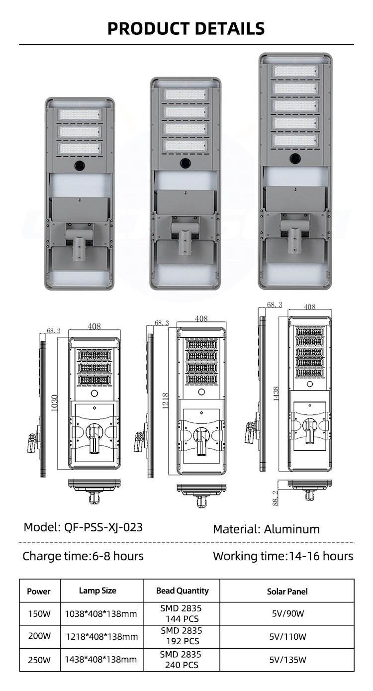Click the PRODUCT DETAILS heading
(x=186, y=28)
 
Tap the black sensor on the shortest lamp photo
(x=80, y=165)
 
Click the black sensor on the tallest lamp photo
(x=295, y=159)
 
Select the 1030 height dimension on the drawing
(x=54, y=402)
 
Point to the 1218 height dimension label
(x=165, y=400)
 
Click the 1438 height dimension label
(x=276, y=394)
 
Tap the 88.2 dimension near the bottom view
(x=276, y=498)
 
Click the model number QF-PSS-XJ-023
(x=103, y=527)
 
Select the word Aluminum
(x=291, y=529)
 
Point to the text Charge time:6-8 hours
(x=83, y=556)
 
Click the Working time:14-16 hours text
(x=283, y=556)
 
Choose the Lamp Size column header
(x=97, y=591)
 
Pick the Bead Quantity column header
(x=182, y=591)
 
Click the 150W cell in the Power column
(x=39, y=613)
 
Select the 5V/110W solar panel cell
(x=287, y=636)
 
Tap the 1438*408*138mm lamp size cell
(x=101, y=660)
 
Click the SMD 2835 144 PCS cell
(x=181, y=613)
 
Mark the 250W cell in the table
(x=39, y=660)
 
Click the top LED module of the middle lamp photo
(x=186, y=95)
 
